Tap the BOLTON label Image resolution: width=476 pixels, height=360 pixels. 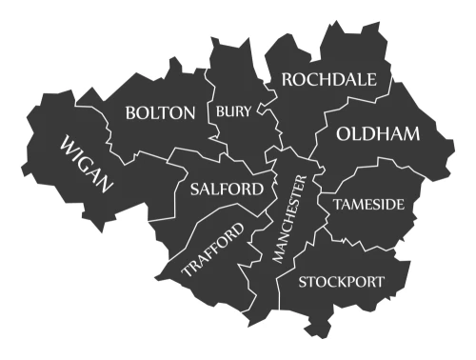point(160,113)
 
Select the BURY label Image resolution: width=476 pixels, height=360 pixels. point(234,112)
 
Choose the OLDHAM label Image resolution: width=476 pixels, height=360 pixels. point(378,134)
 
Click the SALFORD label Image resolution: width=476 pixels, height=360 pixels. point(227,189)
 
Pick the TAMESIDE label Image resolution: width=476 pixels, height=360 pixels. point(368,205)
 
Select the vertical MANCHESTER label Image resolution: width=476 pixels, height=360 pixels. point(290,219)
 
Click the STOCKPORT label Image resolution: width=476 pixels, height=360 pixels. point(342,282)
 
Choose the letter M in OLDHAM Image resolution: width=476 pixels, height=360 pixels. point(409,134)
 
